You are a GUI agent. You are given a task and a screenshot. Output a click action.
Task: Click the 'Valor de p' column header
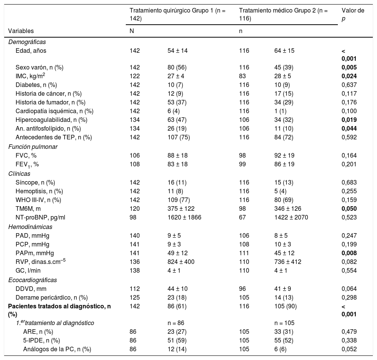[x=353, y=14]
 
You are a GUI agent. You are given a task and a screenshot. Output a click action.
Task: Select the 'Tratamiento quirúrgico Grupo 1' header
[x=177, y=14]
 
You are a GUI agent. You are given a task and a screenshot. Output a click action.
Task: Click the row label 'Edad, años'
[x=31, y=51]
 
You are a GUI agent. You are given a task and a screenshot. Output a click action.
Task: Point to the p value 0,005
[x=349, y=67]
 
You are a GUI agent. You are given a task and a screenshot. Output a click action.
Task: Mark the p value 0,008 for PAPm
[x=349, y=253]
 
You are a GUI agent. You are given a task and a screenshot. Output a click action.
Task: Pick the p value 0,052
[x=349, y=349]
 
